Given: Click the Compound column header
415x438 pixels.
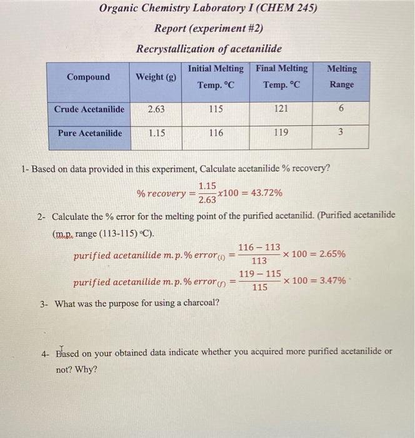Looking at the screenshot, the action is (x=88, y=77).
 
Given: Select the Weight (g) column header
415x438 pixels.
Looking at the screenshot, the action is (x=156, y=77).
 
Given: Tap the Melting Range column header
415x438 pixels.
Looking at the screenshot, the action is (x=342, y=76).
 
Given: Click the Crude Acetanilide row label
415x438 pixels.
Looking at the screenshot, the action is (x=89, y=108).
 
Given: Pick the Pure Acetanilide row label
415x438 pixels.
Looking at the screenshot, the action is (x=89, y=133).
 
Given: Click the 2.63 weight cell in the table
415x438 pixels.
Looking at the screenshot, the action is (x=156, y=108).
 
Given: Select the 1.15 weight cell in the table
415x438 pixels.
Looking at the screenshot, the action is (x=156, y=133).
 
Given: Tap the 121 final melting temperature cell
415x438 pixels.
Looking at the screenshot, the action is (x=281, y=108).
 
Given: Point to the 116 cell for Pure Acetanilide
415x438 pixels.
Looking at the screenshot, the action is (x=216, y=133).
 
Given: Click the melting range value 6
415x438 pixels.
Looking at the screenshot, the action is (x=341, y=108).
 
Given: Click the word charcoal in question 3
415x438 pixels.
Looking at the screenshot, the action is (x=201, y=303).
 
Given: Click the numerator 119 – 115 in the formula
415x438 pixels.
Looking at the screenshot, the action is (x=260, y=274).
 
